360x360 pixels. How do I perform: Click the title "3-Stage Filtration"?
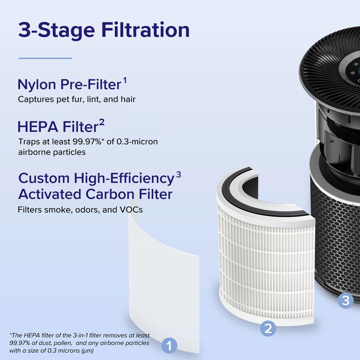[x=104, y=30]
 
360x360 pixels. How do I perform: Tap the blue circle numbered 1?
[x=169, y=346]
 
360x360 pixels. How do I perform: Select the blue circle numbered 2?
[x=268, y=328]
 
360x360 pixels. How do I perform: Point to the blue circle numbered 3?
[x=346, y=300]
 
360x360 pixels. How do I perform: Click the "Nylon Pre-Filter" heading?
[x=69, y=84]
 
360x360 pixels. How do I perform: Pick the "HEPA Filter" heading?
[x=58, y=126]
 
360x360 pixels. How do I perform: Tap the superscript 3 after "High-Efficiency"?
[x=178, y=175]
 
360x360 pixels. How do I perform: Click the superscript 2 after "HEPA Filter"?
[x=102, y=123]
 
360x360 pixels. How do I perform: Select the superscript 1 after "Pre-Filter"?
[x=125, y=81]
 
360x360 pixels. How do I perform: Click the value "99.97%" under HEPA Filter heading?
[x=87, y=142]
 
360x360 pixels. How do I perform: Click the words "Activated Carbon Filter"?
[x=95, y=194]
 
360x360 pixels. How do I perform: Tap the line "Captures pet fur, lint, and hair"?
[x=76, y=99]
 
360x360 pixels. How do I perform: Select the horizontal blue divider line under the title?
[x=45, y=58]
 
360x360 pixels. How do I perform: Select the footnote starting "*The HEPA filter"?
[x=80, y=343]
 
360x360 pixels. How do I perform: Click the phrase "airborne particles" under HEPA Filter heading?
[x=52, y=152]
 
